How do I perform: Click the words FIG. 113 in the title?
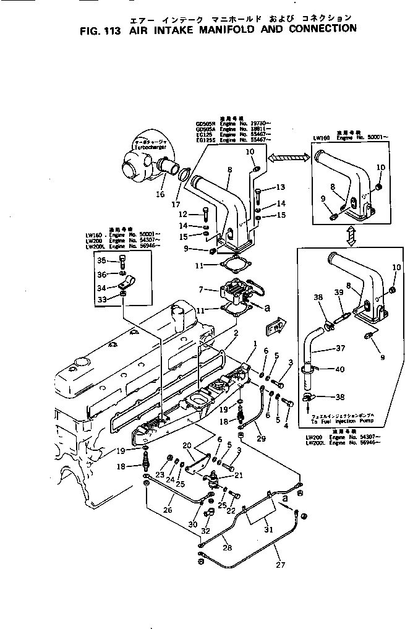click(101, 28)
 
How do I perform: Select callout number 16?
click(161, 194)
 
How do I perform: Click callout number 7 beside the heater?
click(200, 289)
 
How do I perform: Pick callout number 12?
click(191, 214)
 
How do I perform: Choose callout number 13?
click(279, 187)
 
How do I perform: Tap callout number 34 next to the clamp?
click(103, 287)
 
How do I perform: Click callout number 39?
click(339, 293)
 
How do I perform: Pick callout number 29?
click(261, 439)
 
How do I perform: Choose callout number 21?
click(238, 475)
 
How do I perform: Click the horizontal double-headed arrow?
click(288, 159)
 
